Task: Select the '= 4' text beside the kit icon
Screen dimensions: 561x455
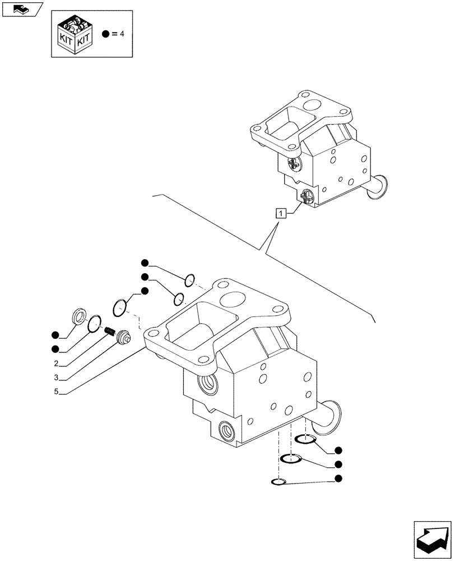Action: pyautogui.click(x=117, y=34)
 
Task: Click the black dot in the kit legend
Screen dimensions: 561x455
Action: pyautogui.click(x=105, y=34)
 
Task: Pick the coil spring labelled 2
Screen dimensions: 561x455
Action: pyautogui.click(x=110, y=332)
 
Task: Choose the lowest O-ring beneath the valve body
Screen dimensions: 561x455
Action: pyautogui.click(x=277, y=482)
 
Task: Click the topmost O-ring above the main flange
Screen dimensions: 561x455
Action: pyautogui.click(x=190, y=279)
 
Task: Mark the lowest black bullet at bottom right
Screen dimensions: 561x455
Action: pyautogui.click(x=338, y=479)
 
